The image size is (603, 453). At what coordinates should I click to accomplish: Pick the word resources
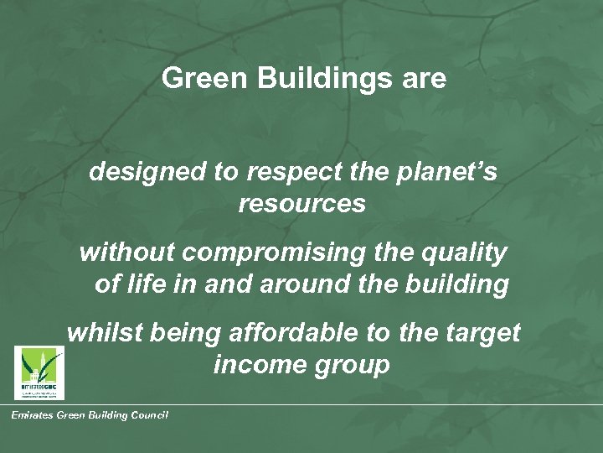[x=301, y=205]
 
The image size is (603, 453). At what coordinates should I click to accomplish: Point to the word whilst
[x=105, y=332]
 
